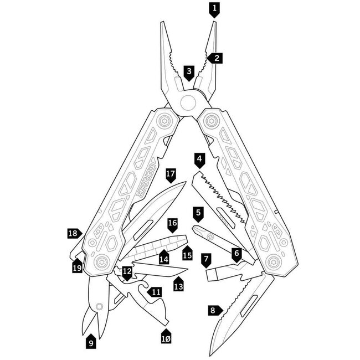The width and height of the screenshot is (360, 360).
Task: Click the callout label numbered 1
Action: point(214,10)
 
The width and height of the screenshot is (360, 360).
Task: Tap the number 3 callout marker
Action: point(189,73)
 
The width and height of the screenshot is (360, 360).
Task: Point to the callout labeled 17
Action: point(171,176)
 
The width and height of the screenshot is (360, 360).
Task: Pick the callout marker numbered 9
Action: point(91,341)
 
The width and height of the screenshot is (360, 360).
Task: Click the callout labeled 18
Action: point(74,234)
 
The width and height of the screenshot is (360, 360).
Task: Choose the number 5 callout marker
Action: point(198,214)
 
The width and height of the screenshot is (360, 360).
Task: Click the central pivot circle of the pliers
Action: point(188,102)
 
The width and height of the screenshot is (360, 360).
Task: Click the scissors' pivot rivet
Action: point(99,306)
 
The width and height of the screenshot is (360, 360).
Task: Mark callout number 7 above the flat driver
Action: point(206,260)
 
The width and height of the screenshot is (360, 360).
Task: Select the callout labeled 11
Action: point(155,292)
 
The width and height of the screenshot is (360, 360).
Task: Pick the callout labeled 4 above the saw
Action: point(199,161)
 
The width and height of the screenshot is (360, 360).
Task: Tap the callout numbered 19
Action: point(78,266)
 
